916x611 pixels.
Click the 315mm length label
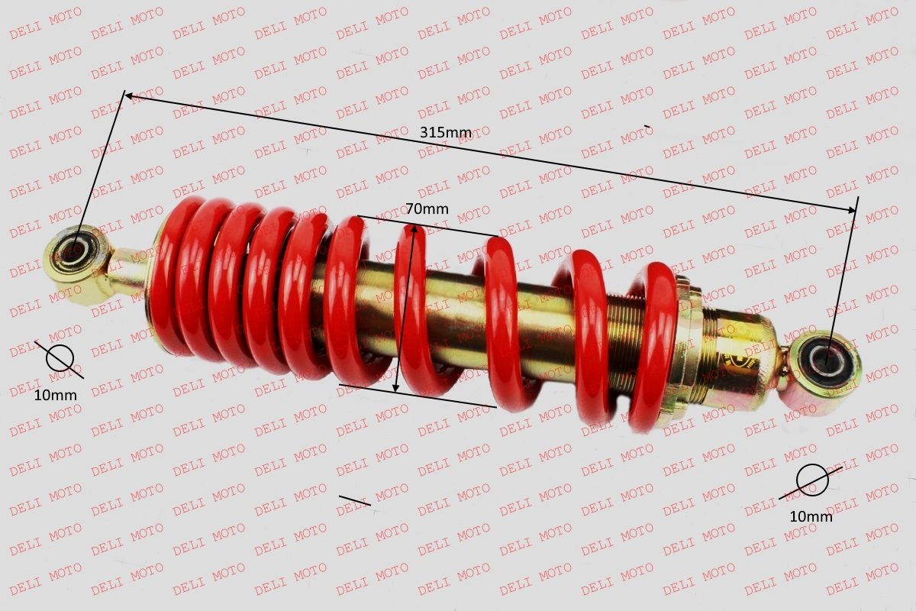(x=446, y=133)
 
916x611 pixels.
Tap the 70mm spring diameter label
(x=427, y=209)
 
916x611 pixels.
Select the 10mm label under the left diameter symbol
(x=55, y=396)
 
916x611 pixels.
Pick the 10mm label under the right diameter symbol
(x=811, y=517)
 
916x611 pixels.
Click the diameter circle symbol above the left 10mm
(x=60, y=359)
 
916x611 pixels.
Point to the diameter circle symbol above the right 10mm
(x=812, y=480)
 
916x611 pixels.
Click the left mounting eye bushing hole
(x=74, y=251)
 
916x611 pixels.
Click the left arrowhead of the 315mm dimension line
(x=128, y=95)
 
